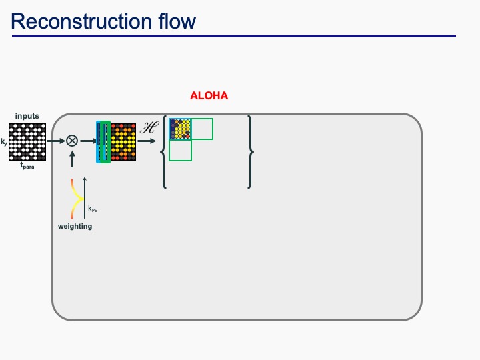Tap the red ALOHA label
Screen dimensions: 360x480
(209, 96)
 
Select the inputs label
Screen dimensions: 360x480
(27, 116)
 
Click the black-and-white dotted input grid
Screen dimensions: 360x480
(27, 141)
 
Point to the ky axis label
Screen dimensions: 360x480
(4, 141)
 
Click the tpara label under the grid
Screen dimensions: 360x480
(27, 167)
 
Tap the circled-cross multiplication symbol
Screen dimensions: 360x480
(72, 141)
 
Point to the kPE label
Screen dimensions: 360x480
(93, 209)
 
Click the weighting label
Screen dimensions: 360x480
(75, 227)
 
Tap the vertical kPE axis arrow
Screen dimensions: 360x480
(85, 197)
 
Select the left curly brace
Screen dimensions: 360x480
(164, 152)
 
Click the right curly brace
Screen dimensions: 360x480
(250, 152)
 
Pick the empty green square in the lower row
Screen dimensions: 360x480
(180, 150)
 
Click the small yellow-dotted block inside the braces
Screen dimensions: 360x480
(180, 129)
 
